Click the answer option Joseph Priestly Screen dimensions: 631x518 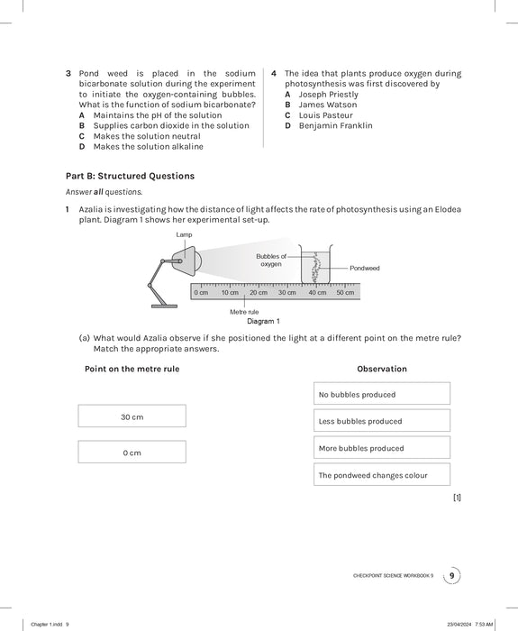coord(328,95)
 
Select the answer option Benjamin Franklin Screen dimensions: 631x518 coord(335,126)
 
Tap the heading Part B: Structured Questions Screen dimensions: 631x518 coord(130,176)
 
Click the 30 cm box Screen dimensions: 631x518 coord(132,416)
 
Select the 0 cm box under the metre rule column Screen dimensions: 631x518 coord(132,453)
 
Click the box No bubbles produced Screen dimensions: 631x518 coord(381,394)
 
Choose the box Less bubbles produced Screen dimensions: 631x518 coord(381,421)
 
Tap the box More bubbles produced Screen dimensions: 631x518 coord(381,448)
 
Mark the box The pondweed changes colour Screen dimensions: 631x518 coord(381,475)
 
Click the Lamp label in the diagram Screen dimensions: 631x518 coord(184,234)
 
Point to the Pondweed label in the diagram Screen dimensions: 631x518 coord(365,268)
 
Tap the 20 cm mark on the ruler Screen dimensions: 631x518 coord(259,293)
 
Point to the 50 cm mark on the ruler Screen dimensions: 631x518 coord(345,293)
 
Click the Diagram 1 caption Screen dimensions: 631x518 coord(263,321)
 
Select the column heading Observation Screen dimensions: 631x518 coord(381,369)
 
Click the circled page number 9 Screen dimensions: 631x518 coord(452,576)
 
